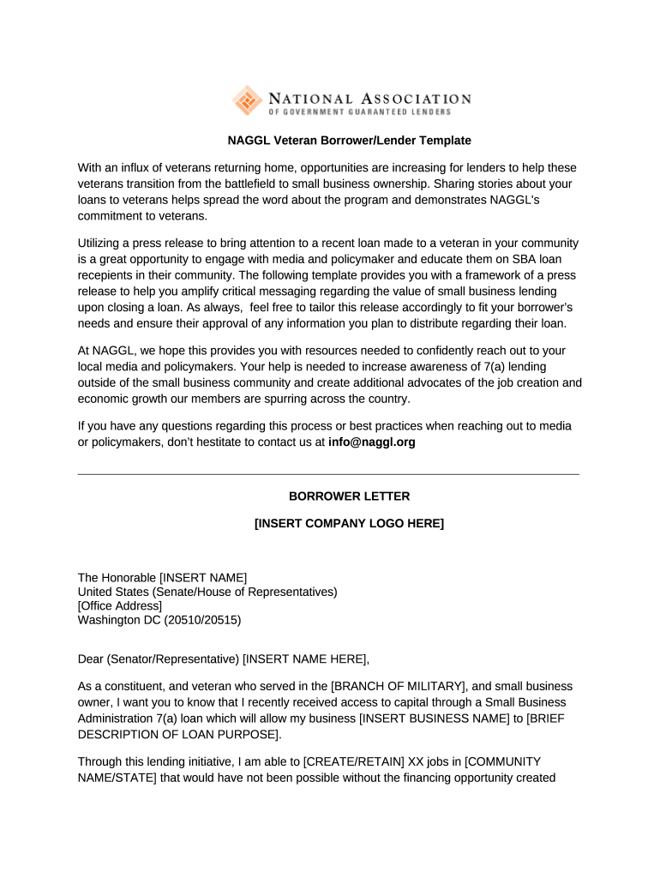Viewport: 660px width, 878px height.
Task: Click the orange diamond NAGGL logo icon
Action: pyautogui.click(x=248, y=101)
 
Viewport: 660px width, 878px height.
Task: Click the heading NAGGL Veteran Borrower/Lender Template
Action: pyautogui.click(x=349, y=140)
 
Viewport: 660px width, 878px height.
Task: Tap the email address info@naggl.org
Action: pyautogui.click(x=371, y=442)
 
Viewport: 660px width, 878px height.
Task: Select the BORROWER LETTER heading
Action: pyautogui.click(x=349, y=496)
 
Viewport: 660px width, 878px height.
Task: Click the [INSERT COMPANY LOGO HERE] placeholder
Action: pyautogui.click(x=349, y=523)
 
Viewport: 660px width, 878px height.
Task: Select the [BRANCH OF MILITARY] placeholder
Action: pyautogui.click(x=399, y=687)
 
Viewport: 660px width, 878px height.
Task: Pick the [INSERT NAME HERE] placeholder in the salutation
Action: pyautogui.click(x=305, y=658)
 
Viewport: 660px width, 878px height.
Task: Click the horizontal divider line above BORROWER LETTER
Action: pyautogui.click(x=328, y=474)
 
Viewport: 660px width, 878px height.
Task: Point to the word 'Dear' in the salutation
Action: pyautogui.click(x=90, y=658)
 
